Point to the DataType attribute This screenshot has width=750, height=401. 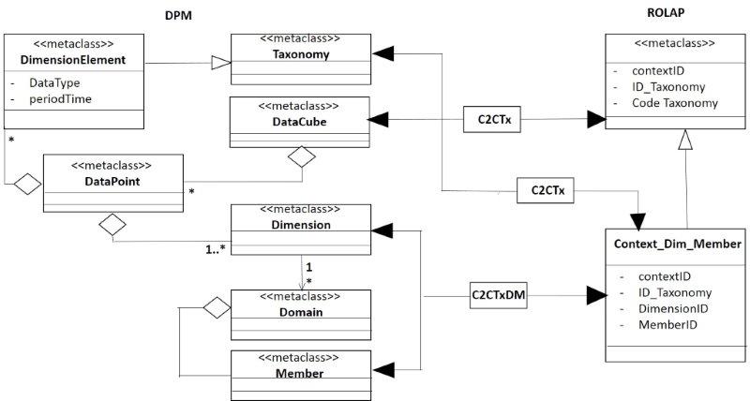[49, 83]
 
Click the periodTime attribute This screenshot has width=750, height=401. [60, 98]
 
